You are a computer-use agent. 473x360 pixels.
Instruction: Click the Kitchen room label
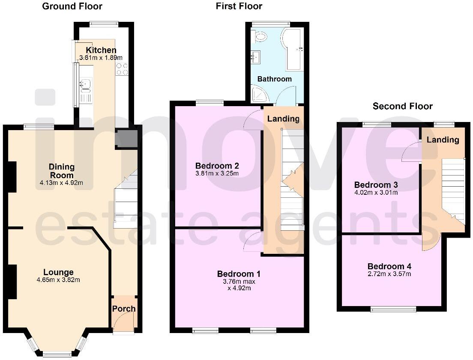coord(101,50)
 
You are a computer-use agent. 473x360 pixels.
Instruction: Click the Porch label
coord(124,309)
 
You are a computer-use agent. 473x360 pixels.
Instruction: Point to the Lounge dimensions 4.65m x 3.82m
coord(58,280)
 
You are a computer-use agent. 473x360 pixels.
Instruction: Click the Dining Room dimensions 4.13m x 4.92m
coord(61,183)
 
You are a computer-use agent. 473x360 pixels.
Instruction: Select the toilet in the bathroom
coord(260,37)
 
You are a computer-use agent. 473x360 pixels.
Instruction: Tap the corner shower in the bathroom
coord(260,95)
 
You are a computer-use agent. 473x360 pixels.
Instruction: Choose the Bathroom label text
coord(274,79)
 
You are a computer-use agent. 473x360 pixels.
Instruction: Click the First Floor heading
coord(239,6)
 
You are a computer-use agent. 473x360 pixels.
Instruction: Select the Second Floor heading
coord(402,106)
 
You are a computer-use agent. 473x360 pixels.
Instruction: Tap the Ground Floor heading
coord(72,6)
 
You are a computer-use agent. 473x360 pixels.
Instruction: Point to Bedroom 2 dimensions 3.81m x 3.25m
coord(217,173)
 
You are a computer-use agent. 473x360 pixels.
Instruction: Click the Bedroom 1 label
coord(239,274)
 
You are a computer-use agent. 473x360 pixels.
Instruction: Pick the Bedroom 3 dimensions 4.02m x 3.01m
coord(376,193)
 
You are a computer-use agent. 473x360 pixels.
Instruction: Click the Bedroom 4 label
coord(389,266)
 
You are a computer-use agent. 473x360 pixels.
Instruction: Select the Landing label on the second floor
coord(443,140)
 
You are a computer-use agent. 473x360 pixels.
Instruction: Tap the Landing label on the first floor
coord(283,119)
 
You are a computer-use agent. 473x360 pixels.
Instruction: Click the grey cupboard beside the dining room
coord(126,139)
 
